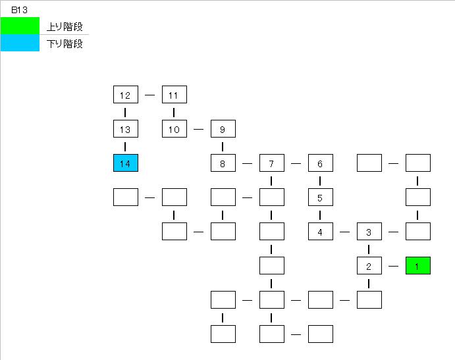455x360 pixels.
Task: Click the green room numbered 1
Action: (x=418, y=265)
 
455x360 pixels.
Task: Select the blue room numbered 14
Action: (x=126, y=163)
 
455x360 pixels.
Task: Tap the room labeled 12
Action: (x=126, y=95)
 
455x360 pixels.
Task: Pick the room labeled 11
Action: (x=174, y=95)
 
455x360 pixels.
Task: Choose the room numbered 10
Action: (x=174, y=129)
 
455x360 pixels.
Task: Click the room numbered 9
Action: (x=223, y=129)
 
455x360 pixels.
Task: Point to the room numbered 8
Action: (x=223, y=163)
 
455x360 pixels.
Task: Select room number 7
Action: (x=272, y=163)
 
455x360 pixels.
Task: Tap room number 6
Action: (x=321, y=163)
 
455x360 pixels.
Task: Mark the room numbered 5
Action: (x=321, y=197)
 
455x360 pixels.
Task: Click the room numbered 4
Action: (x=321, y=232)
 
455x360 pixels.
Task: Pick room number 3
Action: (x=369, y=232)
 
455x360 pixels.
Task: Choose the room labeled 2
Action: (x=369, y=266)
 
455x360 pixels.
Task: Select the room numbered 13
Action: (x=126, y=129)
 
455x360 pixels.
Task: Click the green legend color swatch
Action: (x=20, y=26)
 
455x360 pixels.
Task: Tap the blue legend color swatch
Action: (x=20, y=43)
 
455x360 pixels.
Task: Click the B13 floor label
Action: (x=19, y=10)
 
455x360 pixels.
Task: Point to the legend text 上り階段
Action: (x=65, y=27)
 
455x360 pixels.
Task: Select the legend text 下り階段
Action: (x=65, y=44)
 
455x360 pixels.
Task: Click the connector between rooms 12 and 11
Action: (x=149, y=95)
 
